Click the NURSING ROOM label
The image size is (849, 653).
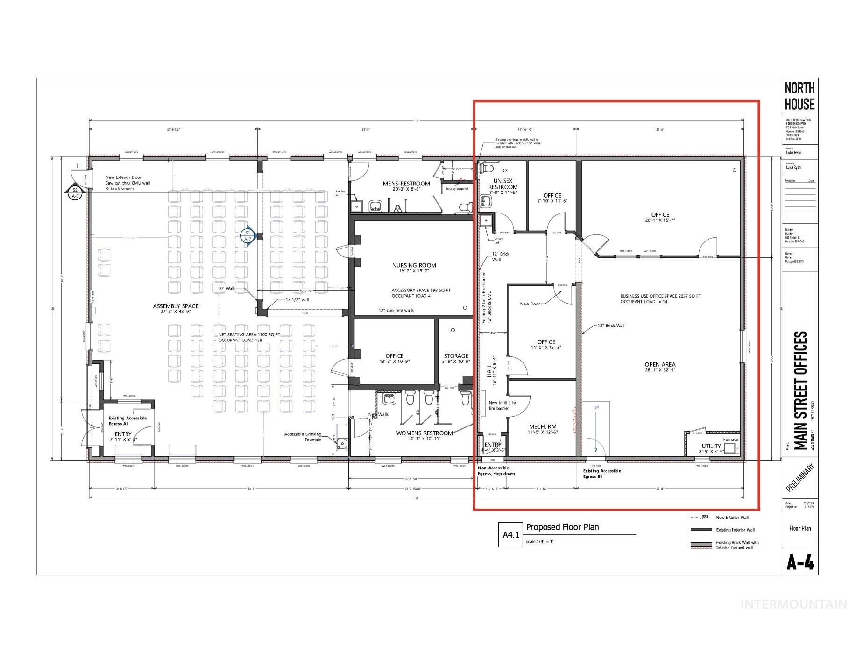[414, 265]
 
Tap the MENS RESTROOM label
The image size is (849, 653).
[406, 184]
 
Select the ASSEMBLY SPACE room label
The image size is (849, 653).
[176, 306]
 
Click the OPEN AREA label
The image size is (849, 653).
[660, 365]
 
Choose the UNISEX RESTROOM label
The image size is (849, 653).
[503, 184]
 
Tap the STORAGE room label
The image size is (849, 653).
[456, 356]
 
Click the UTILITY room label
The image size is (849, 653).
[711, 447]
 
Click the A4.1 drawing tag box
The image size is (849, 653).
[510, 535]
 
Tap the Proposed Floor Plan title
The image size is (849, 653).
[562, 527]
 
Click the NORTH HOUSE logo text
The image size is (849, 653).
[799, 96]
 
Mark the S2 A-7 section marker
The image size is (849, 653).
[75, 192]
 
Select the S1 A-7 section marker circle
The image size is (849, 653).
[248, 236]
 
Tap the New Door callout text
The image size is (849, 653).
[530, 304]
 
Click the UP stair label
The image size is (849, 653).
[596, 408]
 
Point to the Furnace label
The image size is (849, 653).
[730, 439]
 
